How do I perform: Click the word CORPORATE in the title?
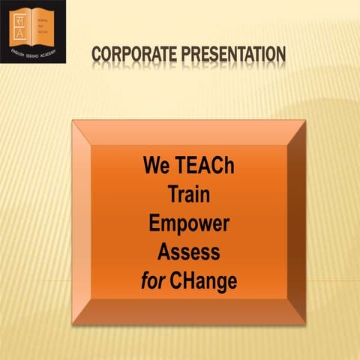[x=135, y=55]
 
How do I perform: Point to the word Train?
[x=188, y=195]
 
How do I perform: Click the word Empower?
[x=188, y=223]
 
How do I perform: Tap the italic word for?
[x=153, y=280]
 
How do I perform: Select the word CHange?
[x=204, y=281]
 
